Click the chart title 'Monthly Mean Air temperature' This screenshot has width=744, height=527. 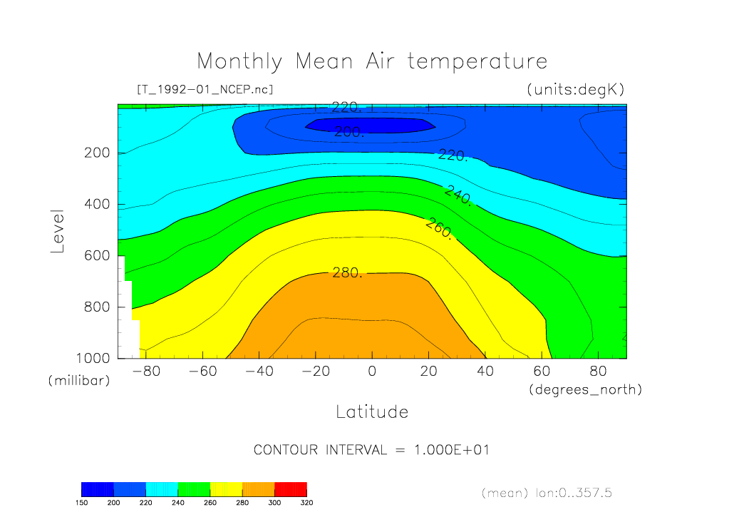[371, 61]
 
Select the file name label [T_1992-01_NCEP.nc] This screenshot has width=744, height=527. [204, 89]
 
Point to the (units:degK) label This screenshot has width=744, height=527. [575, 89]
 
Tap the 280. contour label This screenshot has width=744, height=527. [348, 272]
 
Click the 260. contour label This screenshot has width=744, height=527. [439, 229]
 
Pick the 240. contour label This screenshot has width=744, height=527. [458, 195]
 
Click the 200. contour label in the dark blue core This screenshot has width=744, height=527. [349, 132]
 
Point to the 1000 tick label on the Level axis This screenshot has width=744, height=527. [94, 358]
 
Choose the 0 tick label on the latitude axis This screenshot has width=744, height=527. [371, 372]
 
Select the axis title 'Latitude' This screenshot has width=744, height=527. [371, 411]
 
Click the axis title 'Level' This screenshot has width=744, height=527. [58, 232]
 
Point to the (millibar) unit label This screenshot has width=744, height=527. [79, 381]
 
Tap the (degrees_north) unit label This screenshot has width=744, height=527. [585, 389]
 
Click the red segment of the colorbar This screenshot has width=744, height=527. [291, 488]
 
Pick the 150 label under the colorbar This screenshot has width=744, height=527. [81, 502]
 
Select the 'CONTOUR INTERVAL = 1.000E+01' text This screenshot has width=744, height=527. [371, 450]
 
